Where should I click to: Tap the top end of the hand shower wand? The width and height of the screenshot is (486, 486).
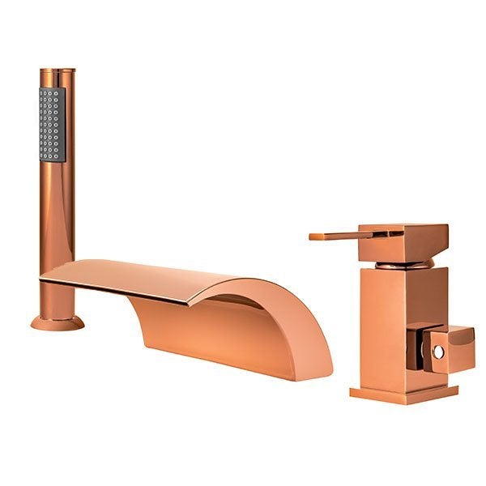[x=57, y=74]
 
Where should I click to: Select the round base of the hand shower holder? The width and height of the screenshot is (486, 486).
[x=57, y=322]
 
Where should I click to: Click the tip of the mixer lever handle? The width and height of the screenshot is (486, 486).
[x=312, y=237]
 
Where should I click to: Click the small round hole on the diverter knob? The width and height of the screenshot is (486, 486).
[x=438, y=352]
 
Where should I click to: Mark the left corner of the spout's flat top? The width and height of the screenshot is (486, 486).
[x=42, y=278]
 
